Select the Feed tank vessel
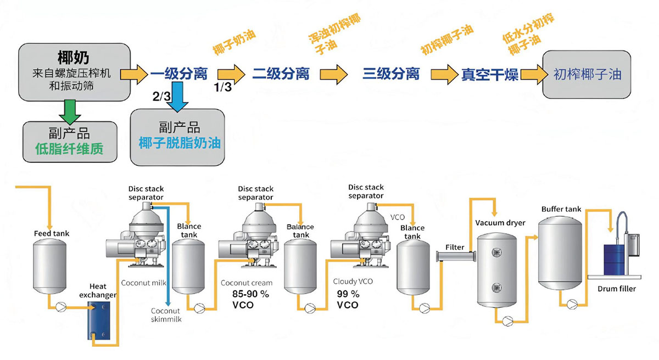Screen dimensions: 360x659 (x=50, y=268)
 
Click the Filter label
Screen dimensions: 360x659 (x=455, y=247)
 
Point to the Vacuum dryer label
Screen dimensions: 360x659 (x=500, y=223)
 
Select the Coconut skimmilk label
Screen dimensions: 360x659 (x=166, y=314)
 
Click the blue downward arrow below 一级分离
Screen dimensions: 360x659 (x=177, y=96)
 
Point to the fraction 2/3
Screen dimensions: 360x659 (x=161, y=97)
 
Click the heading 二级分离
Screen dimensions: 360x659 (x=280, y=74)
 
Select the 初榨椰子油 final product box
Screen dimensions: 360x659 (x=587, y=74)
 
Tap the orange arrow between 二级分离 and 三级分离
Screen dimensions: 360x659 (x=334, y=74)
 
